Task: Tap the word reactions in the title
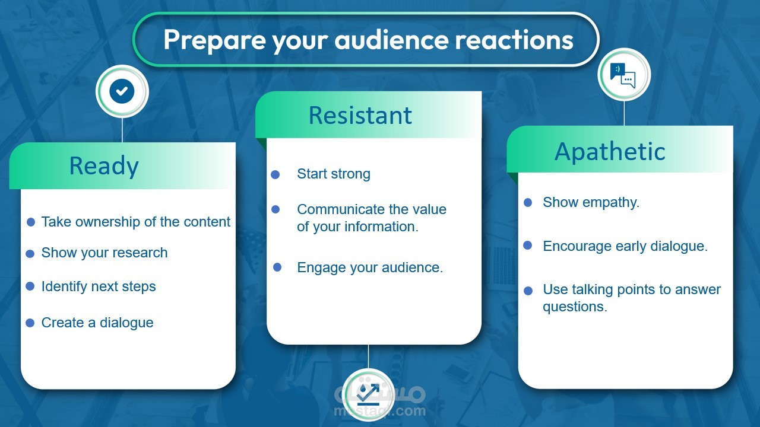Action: pos(514,40)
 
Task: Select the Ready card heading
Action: pos(104,167)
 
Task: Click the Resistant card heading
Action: pos(360,116)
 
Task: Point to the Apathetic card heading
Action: pos(610,152)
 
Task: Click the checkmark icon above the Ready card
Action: pos(122,91)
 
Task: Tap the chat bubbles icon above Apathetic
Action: pos(623,75)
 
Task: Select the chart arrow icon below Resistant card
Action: pos(368,395)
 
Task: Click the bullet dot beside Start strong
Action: pos(275,174)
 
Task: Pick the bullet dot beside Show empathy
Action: pos(528,203)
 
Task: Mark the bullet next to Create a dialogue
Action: pos(30,323)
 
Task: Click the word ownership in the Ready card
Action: pos(108,222)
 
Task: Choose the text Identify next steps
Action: pos(99,286)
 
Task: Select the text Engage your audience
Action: pos(370,267)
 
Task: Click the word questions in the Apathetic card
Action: pos(575,307)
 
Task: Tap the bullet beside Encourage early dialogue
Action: pos(528,246)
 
